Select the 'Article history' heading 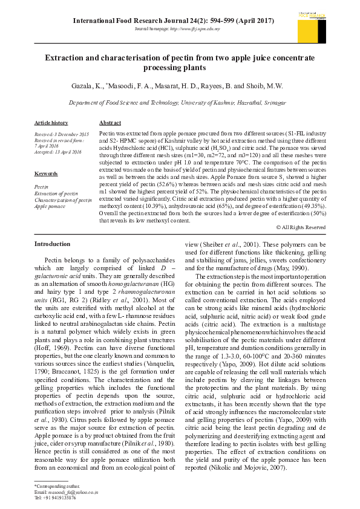(x=51, y=123)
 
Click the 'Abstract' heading (x=110, y=123)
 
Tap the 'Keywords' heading (x=46, y=173)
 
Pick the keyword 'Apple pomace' (x=50, y=206)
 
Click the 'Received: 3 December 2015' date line (x=61, y=134)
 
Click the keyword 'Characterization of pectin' (x=63, y=199)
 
